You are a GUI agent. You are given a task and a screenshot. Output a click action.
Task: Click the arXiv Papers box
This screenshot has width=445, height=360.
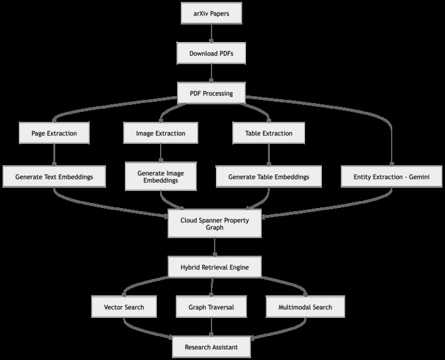click(212, 13)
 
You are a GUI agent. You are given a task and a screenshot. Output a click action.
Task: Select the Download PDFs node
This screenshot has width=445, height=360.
click(211, 53)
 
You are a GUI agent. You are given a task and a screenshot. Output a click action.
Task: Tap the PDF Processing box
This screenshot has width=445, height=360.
click(211, 93)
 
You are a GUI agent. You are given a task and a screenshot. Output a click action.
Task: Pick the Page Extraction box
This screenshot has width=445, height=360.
click(54, 133)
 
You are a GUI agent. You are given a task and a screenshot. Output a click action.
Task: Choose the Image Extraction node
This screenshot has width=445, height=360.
click(161, 133)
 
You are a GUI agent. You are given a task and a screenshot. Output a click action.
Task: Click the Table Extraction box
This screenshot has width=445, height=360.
click(269, 133)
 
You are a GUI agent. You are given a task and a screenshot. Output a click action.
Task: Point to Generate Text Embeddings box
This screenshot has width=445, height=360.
click(54, 177)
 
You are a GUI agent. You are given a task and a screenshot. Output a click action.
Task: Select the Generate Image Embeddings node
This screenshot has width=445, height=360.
click(161, 177)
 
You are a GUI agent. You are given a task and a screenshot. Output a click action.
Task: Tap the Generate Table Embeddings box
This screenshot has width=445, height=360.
click(269, 177)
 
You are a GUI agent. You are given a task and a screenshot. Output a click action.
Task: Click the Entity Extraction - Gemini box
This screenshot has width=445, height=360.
click(392, 177)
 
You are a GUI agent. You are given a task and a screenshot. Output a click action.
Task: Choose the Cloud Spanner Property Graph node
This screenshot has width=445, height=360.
click(215, 224)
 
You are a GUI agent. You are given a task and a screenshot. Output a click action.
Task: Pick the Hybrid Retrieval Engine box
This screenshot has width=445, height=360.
click(215, 267)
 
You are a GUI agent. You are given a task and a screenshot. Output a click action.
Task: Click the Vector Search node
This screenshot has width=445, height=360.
click(124, 307)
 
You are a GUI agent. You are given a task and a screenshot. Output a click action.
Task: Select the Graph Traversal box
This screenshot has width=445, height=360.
click(211, 307)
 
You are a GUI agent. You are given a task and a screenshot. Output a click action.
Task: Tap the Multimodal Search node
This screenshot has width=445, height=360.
click(306, 307)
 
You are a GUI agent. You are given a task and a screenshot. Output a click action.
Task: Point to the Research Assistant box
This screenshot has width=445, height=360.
click(211, 347)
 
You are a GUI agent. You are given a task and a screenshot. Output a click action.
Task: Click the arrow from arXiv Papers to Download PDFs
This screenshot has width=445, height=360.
click(211, 33)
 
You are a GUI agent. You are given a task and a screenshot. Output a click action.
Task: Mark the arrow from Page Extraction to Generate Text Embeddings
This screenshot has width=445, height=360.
click(54, 155)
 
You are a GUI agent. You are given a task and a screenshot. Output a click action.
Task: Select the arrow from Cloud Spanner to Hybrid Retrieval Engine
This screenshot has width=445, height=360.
click(215, 247)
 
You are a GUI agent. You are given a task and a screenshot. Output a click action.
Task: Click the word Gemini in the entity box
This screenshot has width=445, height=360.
click(419, 177)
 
